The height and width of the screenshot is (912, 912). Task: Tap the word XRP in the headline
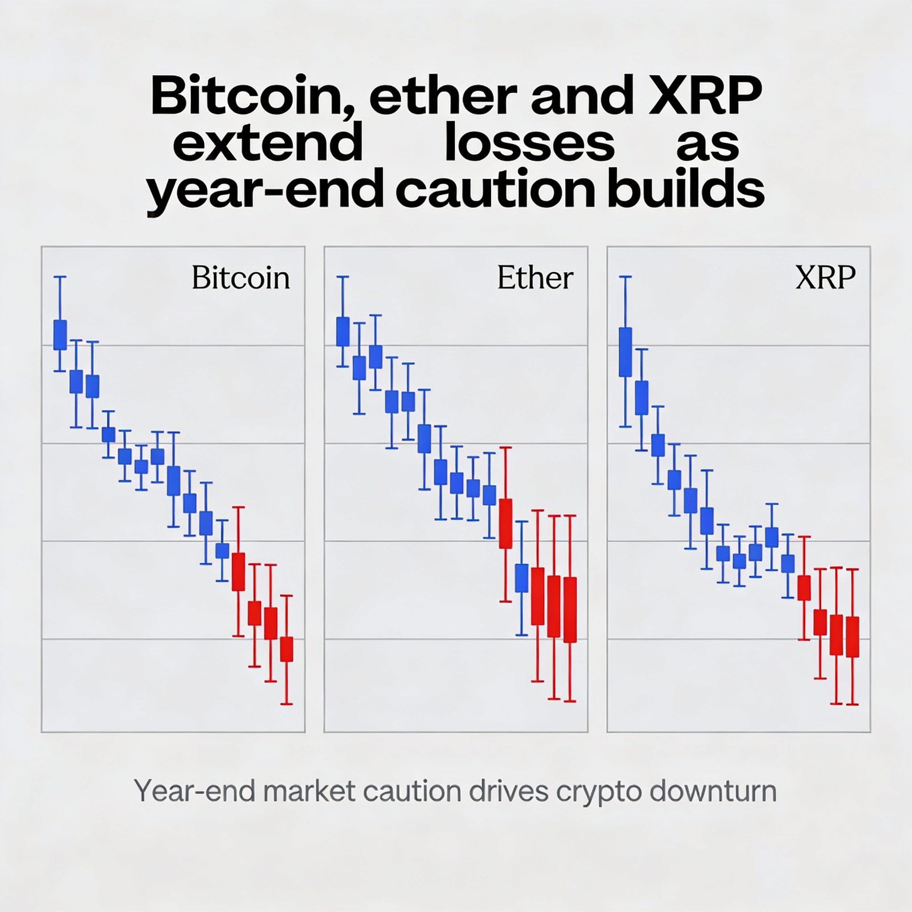coord(705,96)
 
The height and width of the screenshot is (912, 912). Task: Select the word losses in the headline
coord(529,143)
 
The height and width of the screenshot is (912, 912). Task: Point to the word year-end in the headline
coord(265,191)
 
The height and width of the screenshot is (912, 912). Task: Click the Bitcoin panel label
coord(241,278)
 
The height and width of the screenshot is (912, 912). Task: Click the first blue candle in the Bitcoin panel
coord(60,335)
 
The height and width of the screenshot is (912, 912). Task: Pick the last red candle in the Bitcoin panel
coord(286,649)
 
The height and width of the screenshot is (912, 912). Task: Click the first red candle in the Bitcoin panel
coord(238,572)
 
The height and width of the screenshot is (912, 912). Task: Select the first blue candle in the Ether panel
coord(343,331)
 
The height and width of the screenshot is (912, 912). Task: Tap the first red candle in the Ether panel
coord(505,524)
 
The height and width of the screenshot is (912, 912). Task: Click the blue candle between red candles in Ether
coord(521,578)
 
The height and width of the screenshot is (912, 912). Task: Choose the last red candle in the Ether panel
coord(570,610)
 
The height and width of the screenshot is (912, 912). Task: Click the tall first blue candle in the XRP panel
coord(625,352)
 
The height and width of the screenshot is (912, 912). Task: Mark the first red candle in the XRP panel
coord(804,588)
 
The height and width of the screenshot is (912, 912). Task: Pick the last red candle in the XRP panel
coord(852,637)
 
